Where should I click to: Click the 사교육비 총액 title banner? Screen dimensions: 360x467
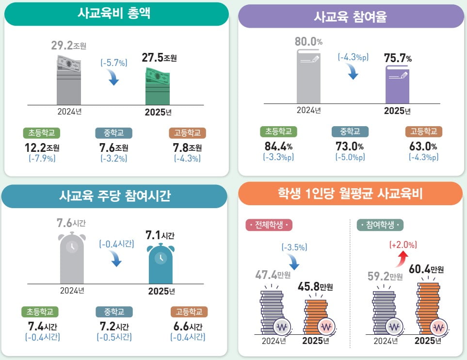tap(116, 13)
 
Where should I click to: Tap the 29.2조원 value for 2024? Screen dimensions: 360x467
tap(68, 46)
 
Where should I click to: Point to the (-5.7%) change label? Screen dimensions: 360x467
tap(113, 63)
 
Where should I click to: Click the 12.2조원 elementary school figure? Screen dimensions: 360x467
tap(41, 147)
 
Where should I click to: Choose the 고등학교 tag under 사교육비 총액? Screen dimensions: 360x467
tap(187, 133)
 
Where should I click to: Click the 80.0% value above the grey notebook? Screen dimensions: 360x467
tap(308, 42)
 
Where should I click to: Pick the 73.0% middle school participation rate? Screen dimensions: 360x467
tap(350, 146)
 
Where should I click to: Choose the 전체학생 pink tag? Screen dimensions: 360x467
tap(269, 225)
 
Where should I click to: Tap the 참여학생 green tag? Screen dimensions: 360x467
tap(380, 225)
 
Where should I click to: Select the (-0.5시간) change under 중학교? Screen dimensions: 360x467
tap(114, 337)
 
